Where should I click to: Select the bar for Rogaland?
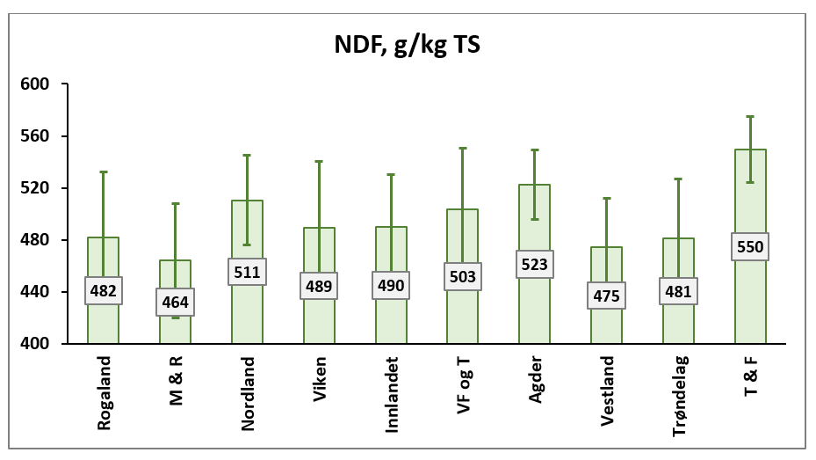[x=103, y=321]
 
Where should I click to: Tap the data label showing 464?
[x=175, y=303]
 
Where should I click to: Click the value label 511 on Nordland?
[x=247, y=272]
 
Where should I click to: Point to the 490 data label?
[x=391, y=285]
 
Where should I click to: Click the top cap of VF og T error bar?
[x=463, y=148]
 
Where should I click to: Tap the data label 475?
[x=606, y=295]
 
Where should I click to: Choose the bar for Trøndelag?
[x=678, y=321]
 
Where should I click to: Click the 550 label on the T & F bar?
[x=750, y=247]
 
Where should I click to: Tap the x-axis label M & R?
[x=176, y=385]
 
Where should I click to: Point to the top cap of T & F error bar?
[x=750, y=116]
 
